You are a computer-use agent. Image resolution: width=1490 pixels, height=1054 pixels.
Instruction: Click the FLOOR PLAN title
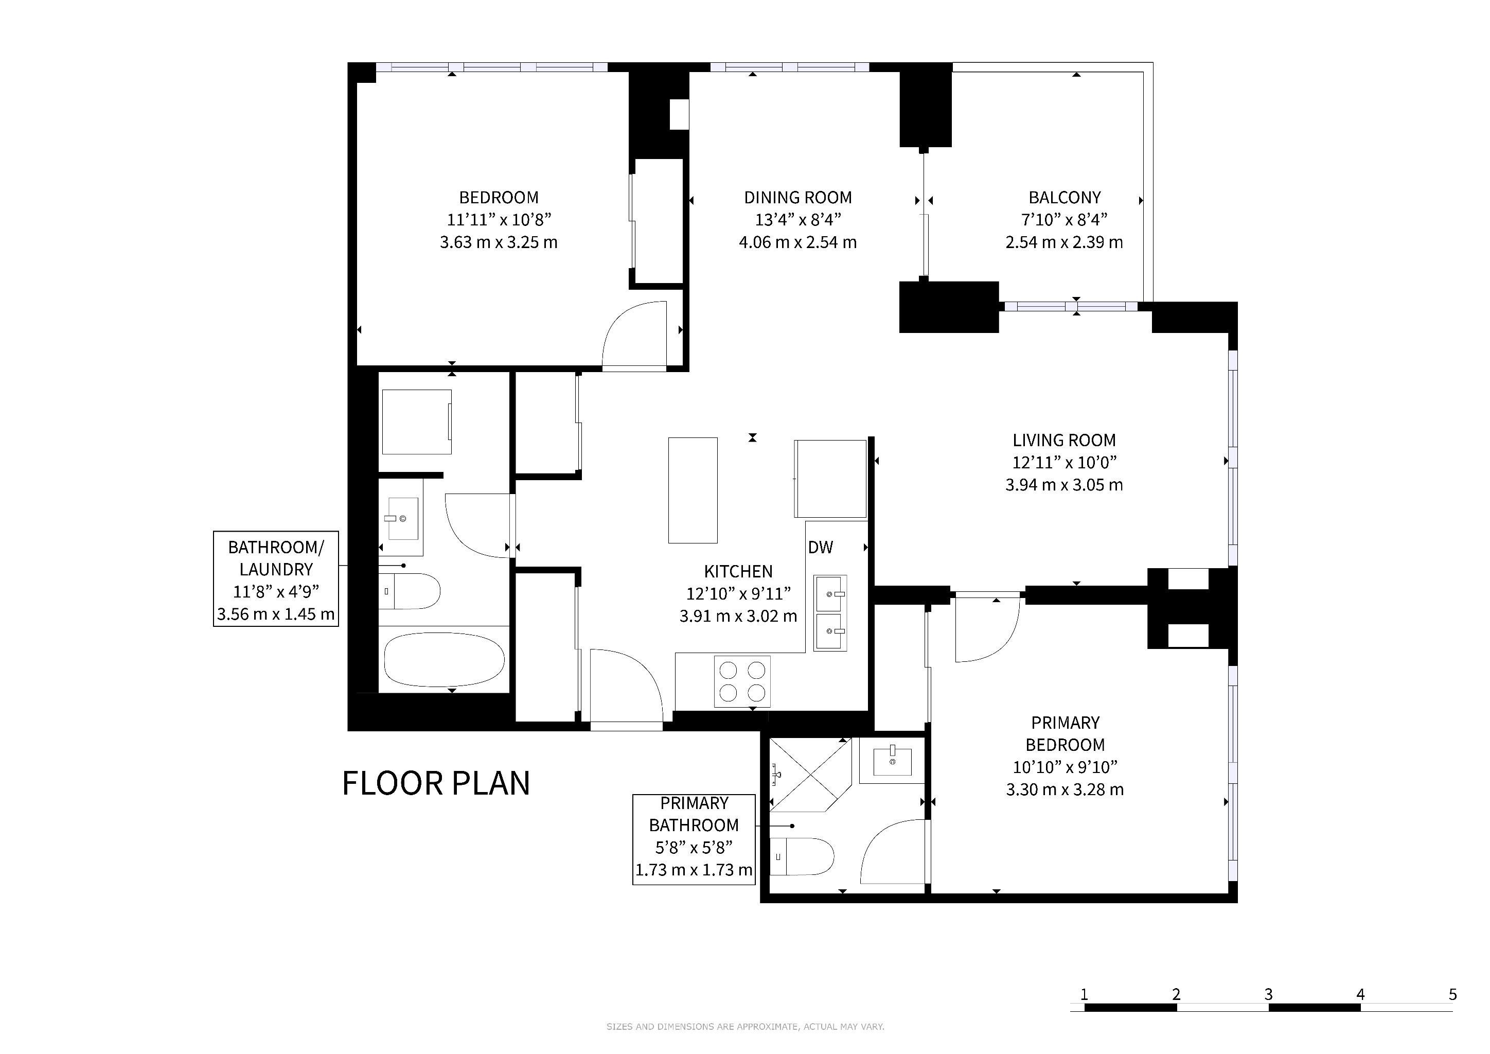tap(436, 783)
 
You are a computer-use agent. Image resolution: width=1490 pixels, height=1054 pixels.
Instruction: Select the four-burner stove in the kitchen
tap(742, 681)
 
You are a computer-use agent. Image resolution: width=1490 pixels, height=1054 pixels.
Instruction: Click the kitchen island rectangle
tap(693, 490)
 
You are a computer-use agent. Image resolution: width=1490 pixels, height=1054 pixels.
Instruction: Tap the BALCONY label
tap(1065, 197)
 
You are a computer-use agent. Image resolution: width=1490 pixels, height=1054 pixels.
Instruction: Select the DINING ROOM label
tap(797, 197)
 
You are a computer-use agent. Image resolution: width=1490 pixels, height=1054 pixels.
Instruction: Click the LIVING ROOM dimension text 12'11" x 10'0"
tap(1065, 462)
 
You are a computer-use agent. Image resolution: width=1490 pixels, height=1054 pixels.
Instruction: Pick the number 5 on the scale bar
tap(1452, 994)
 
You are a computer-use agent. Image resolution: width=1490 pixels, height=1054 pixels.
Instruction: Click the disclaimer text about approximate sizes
tap(745, 1027)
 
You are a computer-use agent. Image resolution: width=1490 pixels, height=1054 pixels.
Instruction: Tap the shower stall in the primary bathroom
tap(810, 776)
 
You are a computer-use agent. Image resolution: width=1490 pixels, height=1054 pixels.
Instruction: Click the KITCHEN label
tap(738, 572)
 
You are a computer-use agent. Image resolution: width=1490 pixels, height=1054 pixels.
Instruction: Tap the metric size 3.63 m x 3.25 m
tap(499, 242)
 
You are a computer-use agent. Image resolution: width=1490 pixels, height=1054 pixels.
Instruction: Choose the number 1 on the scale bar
tap(1084, 994)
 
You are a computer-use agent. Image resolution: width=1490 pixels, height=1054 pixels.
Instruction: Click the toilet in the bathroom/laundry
tap(410, 591)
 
